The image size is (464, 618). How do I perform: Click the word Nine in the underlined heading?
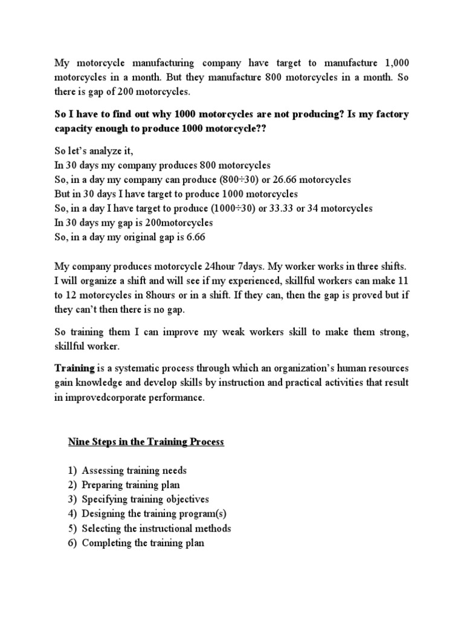[77, 442]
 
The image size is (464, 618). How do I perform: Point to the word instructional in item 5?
[179, 528]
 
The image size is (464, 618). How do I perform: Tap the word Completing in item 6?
[106, 543]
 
